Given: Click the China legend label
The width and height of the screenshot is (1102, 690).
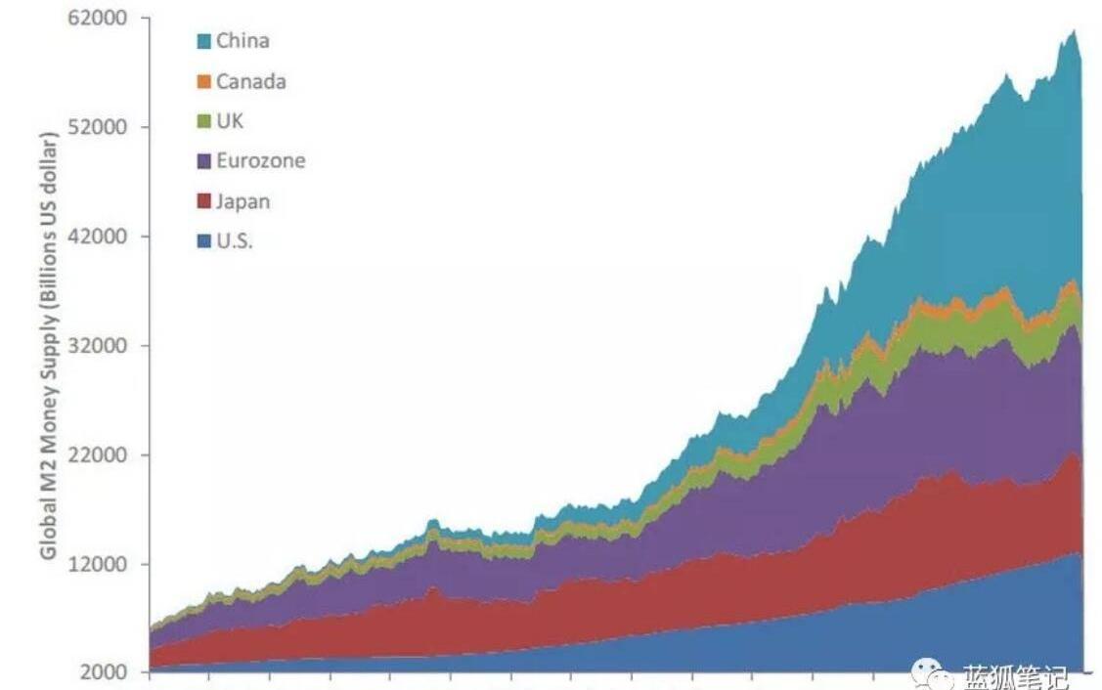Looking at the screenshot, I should [x=242, y=41].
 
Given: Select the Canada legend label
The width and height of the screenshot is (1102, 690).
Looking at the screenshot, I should [x=250, y=81].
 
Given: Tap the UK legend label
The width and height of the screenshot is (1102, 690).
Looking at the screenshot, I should [x=230, y=121].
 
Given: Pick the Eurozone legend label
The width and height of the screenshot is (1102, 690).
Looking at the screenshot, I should [x=260, y=160].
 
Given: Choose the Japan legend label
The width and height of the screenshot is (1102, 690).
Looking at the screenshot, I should [x=242, y=201].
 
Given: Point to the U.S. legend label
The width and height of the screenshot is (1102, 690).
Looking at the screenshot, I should [x=235, y=240].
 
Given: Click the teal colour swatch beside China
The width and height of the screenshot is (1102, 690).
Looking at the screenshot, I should [x=203, y=42].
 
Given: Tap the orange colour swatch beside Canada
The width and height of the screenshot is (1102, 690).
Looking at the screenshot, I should [x=203, y=82].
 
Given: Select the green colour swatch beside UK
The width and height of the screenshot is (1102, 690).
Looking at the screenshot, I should [x=203, y=122].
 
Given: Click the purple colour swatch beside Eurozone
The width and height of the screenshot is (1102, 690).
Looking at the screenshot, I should [x=203, y=161].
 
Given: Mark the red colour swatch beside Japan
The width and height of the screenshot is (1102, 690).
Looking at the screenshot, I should [x=203, y=202].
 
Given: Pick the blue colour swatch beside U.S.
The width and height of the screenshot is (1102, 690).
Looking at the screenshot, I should [x=203, y=241].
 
